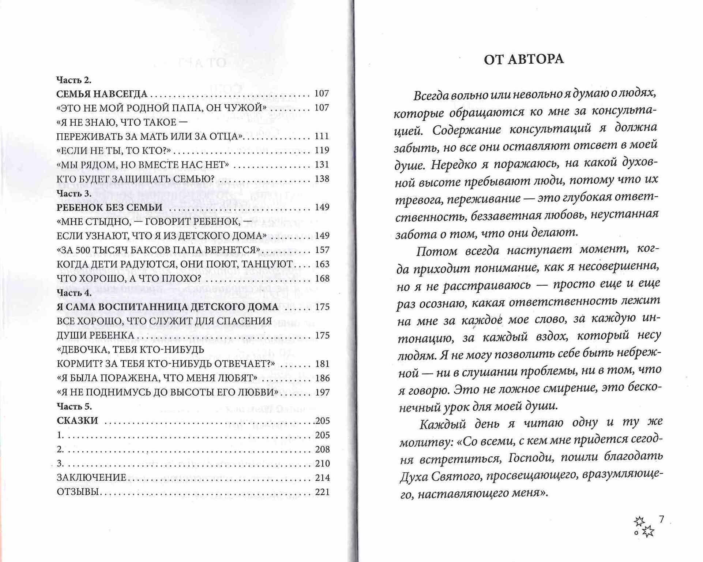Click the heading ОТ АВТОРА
point(523,59)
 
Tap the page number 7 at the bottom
point(661,519)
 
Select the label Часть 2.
point(74,80)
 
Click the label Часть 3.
point(74,193)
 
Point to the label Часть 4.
point(74,293)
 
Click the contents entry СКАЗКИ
point(78,421)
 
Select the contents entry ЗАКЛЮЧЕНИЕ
point(91,477)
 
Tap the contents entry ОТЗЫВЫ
point(78,492)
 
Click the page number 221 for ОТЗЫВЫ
point(322,492)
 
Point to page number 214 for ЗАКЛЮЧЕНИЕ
point(322,477)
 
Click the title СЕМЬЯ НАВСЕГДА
point(102,94)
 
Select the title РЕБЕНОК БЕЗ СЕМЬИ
point(109,207)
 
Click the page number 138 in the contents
point(322,179)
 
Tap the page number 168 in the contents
point(322,278)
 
